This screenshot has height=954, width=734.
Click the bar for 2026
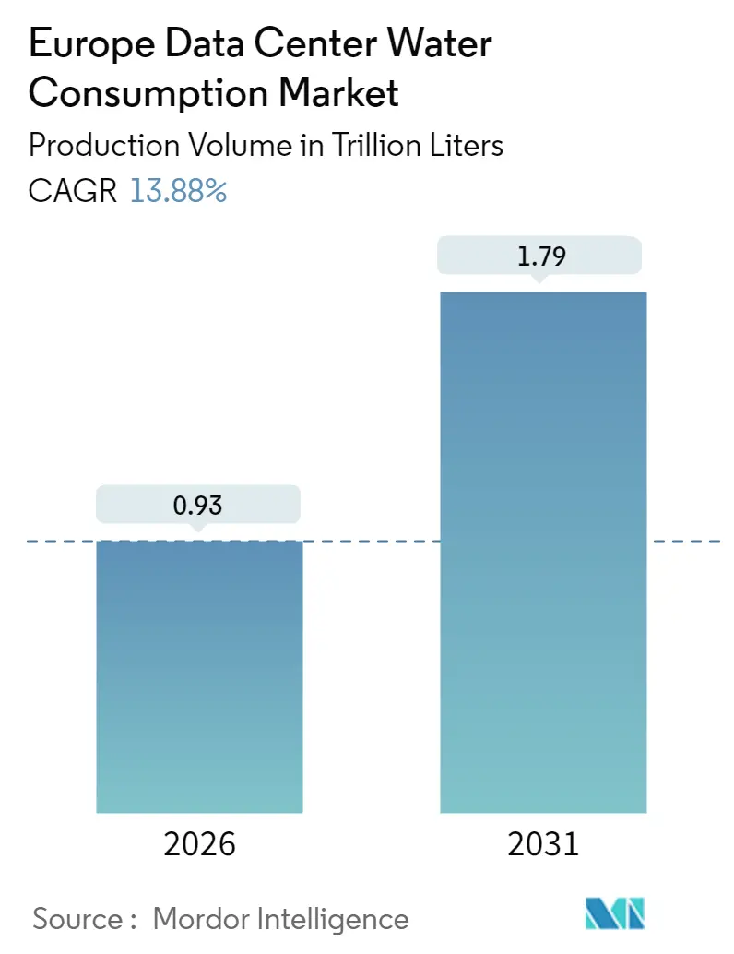199,676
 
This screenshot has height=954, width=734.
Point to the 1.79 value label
542,256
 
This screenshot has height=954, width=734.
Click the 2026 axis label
199,843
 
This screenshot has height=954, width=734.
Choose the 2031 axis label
542,843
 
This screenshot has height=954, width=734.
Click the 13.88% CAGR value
178,191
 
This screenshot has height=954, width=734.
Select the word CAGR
73,191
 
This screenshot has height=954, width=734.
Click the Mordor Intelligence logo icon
615,913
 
